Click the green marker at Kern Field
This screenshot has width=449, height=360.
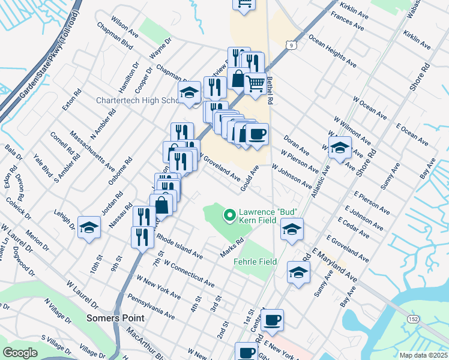[x=229, y=214]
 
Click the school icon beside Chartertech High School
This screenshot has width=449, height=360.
[x=189, y=92]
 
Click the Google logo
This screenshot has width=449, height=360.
[x=20, y=353]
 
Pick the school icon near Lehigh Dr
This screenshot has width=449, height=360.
[x=89, y=227]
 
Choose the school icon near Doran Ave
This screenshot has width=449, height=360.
[x=339, y=147]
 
